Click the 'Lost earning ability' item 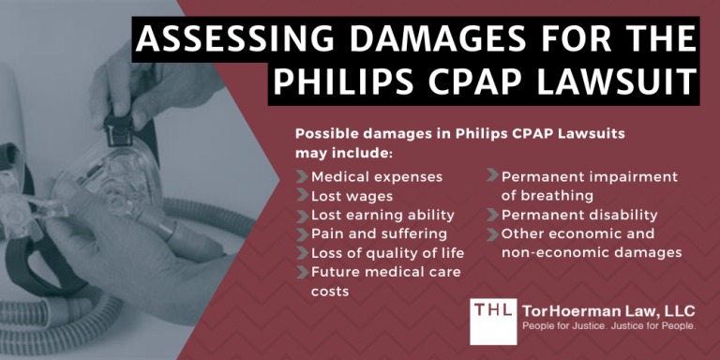[382, 215]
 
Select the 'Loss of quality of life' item [387, 252]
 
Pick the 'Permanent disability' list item [579, 215]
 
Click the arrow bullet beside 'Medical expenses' [302, 176]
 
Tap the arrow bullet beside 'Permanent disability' [492, 215]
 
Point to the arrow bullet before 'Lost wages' [302, 195]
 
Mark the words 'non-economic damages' [591, 252]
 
